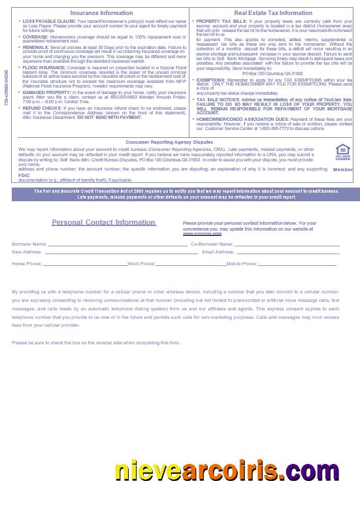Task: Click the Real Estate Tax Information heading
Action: pos(273,13)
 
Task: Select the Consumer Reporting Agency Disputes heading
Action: pos(169,142)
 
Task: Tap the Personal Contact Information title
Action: pos(103,222)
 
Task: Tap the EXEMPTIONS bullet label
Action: pos(212,80)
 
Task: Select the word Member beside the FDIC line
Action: pos(342,170)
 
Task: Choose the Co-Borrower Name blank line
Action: pos(287,245)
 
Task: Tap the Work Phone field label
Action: pos(141,264)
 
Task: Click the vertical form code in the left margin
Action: pos(6,88)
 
